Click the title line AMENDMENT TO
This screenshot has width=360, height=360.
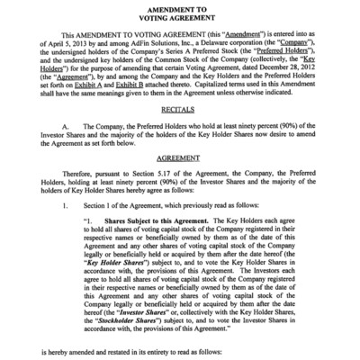(180, 7)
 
